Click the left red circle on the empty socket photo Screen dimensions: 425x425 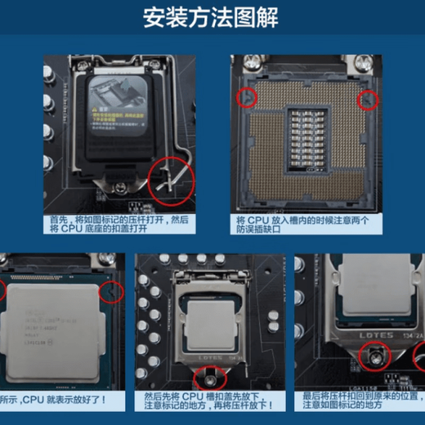[x=245, y=98]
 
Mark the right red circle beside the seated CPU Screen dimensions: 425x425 [x=112, y=291]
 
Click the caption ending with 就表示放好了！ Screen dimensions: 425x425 [x=61, y=402]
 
